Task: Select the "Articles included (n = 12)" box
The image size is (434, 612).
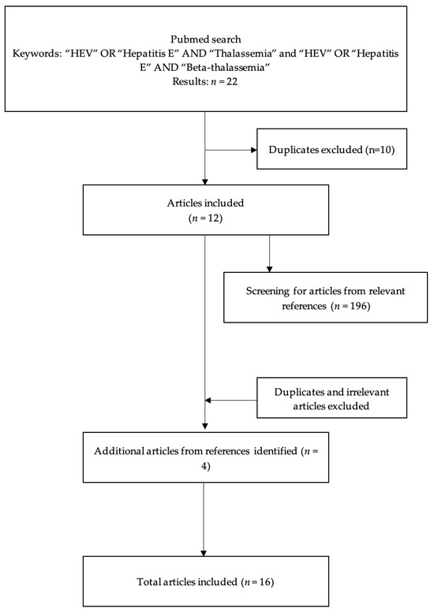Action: (x=204, y=209)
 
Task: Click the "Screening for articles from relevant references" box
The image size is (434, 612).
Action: (x=314, y=297)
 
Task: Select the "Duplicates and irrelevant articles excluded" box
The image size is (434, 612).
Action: (x=331, y=399)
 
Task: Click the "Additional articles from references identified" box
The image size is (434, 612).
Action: (x=204, y=457)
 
